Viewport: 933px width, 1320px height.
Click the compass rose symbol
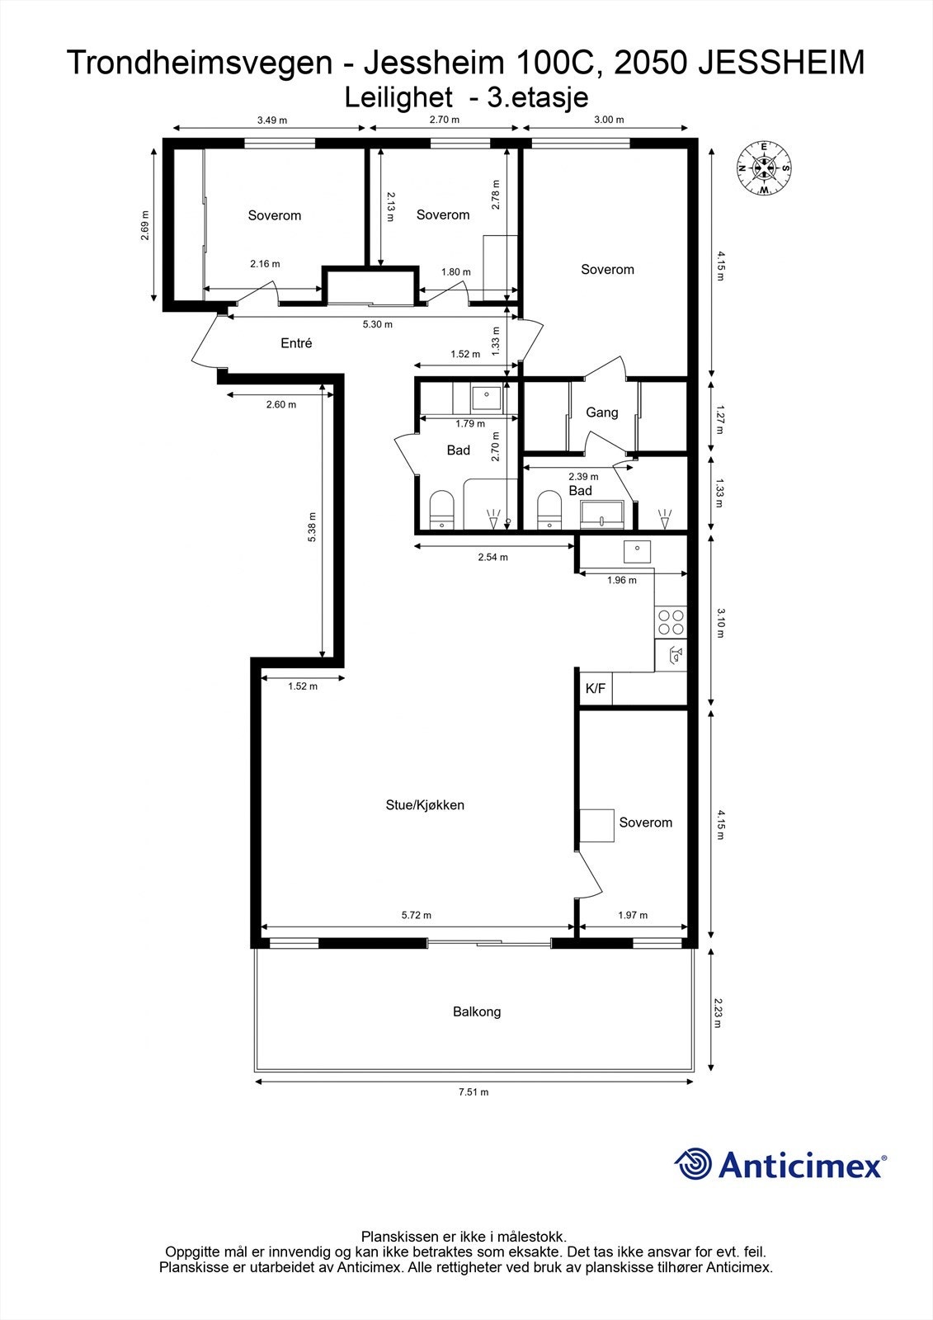764,169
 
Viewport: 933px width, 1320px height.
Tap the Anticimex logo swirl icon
693,1164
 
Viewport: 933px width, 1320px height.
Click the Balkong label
477,1011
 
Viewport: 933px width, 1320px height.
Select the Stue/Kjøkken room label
425,805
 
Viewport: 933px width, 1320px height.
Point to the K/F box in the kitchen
596,689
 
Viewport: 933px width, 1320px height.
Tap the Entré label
296,343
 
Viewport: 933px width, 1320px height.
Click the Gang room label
601,412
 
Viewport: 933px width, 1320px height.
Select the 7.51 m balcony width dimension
474,1092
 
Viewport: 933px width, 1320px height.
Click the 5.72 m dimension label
417,915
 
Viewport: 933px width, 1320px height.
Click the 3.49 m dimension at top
271,120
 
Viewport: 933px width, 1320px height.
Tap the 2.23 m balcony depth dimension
719,1011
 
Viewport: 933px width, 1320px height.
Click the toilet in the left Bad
443,510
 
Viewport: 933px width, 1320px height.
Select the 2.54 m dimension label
492,557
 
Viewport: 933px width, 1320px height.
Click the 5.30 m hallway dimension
377,324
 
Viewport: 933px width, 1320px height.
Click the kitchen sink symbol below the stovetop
673,657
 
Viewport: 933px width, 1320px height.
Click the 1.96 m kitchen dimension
622,580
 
